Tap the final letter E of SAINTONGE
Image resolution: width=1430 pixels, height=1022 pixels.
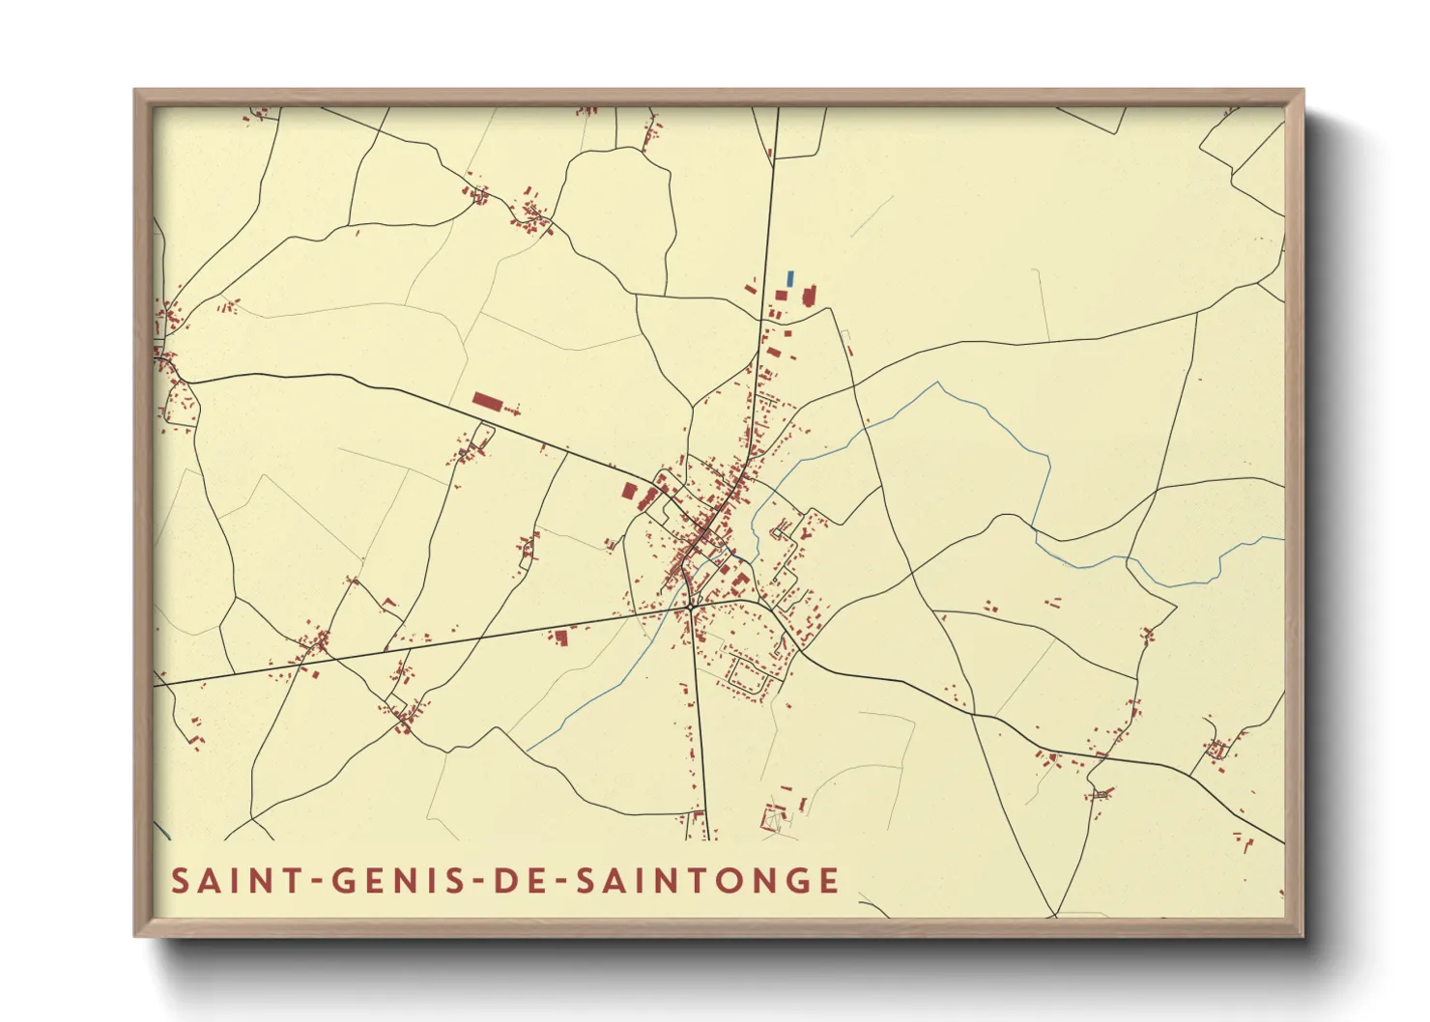click(828, 881)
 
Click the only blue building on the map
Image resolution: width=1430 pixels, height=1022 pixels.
click(790, 278)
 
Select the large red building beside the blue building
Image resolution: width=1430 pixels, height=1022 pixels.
click(809, 296)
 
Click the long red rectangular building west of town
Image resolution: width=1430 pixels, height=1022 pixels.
click(488, 401)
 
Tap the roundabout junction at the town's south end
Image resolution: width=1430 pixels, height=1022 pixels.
click(693, 605)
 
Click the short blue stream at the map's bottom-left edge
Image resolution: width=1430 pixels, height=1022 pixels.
click(162, 831)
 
